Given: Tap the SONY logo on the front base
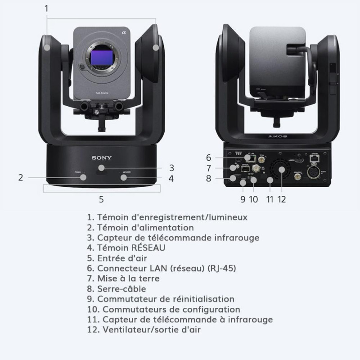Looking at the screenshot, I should point(102,158).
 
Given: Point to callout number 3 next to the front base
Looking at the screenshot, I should point(171,168).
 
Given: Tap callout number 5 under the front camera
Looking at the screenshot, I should point(101,198).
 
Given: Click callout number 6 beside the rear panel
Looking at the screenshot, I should point(208,157).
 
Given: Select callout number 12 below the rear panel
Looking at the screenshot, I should point(282,198).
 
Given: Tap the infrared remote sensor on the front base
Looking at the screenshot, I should point(102,167).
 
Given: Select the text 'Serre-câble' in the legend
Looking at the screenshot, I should point(121,289).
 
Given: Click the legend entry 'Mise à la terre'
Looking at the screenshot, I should point(128,279).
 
